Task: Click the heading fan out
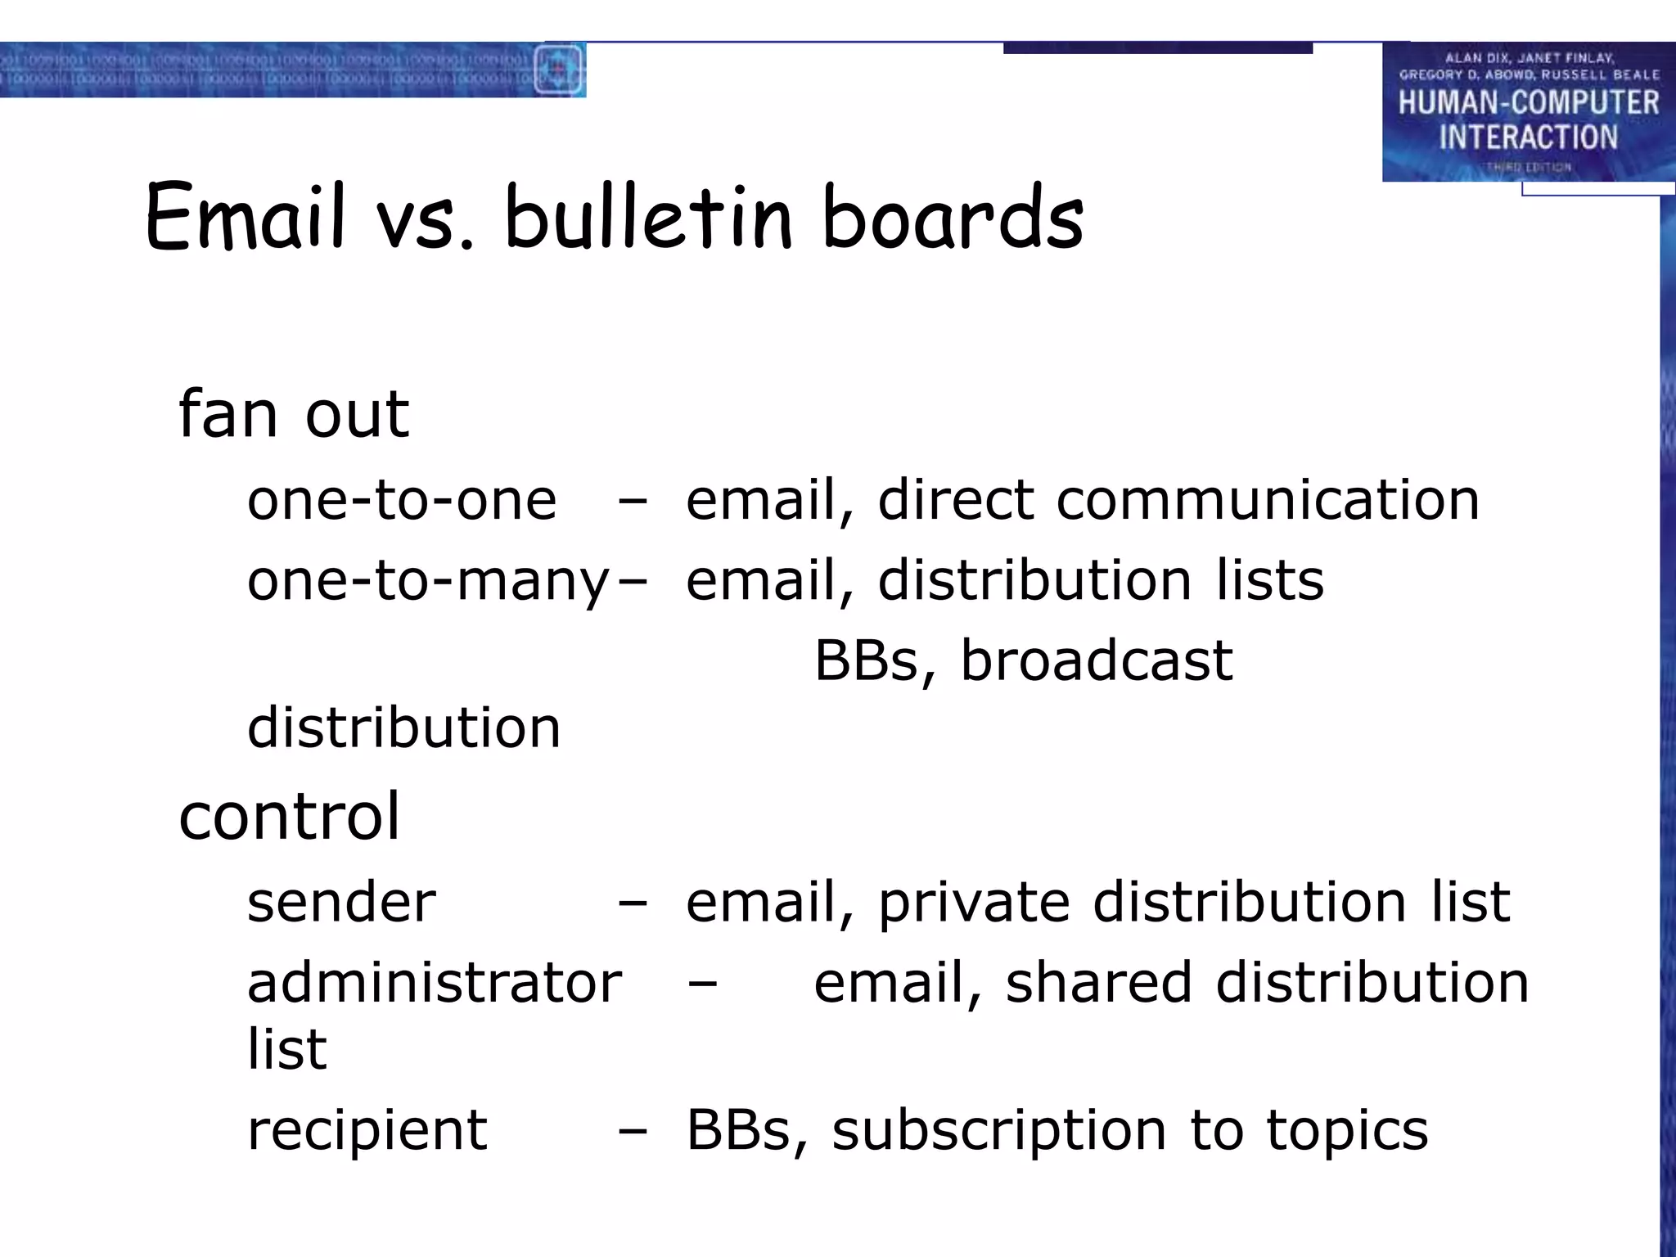point(293,414)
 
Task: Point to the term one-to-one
point(402,500)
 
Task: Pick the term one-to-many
point(428,581)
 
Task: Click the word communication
point(1268,500)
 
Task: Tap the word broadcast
point(1097,660)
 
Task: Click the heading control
point(289,816)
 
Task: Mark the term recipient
point(367,1130)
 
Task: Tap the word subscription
point(999,1130)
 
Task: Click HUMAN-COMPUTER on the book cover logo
point(1528,103)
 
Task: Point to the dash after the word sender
point(633,903)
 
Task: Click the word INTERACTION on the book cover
point(1528,137)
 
